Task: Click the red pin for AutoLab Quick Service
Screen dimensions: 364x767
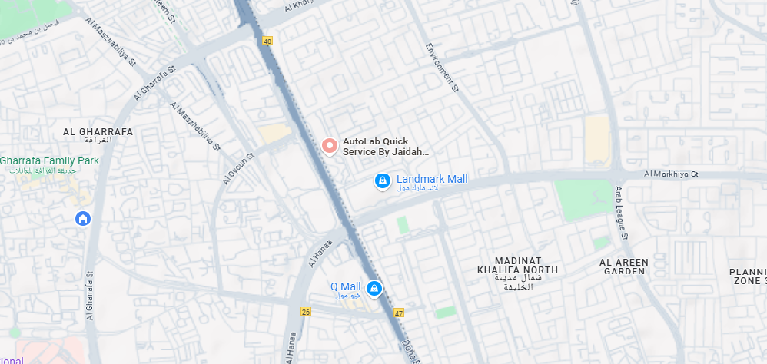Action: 330,145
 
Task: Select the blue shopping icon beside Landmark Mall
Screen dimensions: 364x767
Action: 382,180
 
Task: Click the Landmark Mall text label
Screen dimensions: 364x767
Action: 432,179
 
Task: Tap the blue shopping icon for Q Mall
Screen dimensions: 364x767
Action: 374,289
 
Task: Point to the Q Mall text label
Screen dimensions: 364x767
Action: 345,287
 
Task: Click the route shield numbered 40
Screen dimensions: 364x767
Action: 267,40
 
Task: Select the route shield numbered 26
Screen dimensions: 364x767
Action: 306,312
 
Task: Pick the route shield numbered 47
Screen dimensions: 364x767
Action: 398,313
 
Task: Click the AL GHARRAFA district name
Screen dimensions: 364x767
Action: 98,132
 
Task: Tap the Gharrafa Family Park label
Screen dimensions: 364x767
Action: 50,161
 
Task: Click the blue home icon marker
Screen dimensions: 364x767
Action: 82,219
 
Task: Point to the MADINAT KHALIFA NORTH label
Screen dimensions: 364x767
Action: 516,266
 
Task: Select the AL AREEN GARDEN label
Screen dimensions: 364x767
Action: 623,266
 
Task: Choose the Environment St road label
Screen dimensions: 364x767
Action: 442,67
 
